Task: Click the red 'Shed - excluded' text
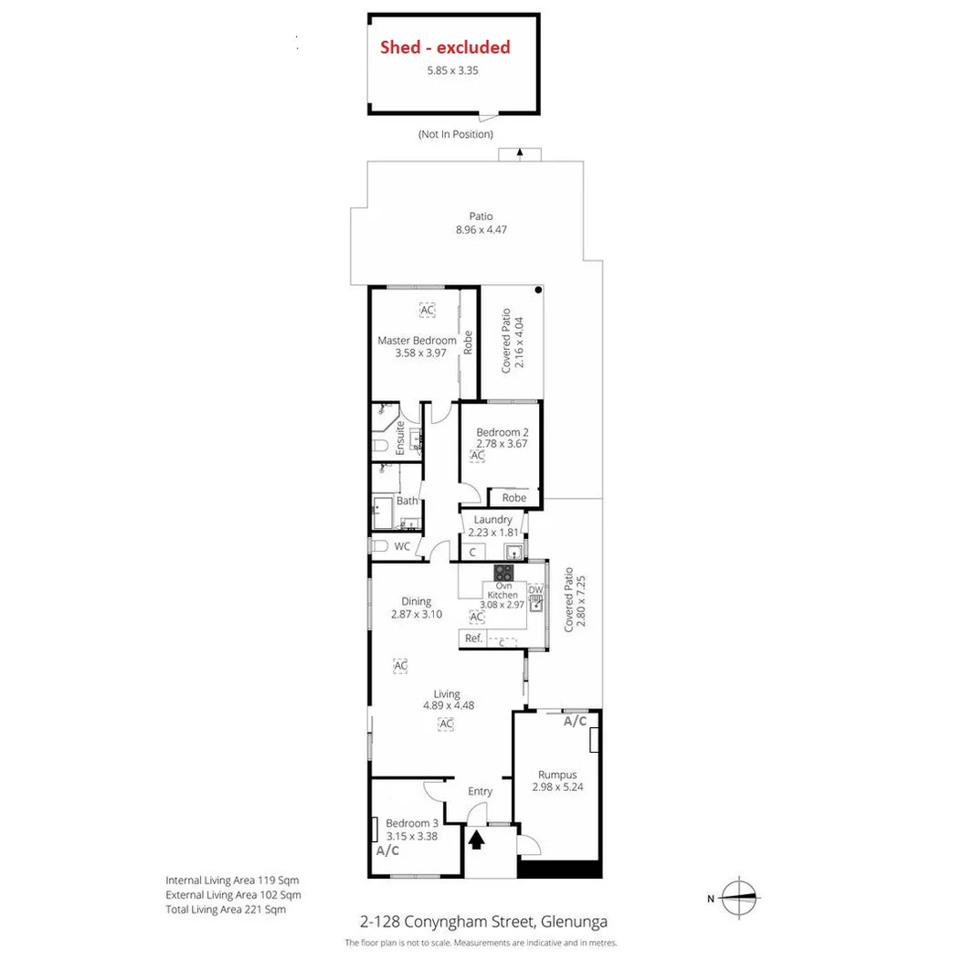tap(445, 47)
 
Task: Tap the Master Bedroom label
tap(417, 341)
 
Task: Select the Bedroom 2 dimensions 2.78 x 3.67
tap(502, 444)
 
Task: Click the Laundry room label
tap(492, 520)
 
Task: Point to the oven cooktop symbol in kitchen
tap(503, 574)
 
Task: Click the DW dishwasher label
tap(536, 591)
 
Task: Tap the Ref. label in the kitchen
tap(473, 639)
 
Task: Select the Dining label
tap(416, 601)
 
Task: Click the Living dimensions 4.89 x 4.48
tap(448, 705)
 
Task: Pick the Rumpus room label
tap(556, 775)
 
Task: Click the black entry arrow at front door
tap(476, 839)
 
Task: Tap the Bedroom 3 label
tap(411, 822)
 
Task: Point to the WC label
tap(402, 546)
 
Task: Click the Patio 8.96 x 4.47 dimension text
tap(481, 229)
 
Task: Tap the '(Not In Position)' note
tap(456, 134)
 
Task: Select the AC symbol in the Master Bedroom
tap(427, 310)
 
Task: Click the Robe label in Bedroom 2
tap(514, 498)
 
